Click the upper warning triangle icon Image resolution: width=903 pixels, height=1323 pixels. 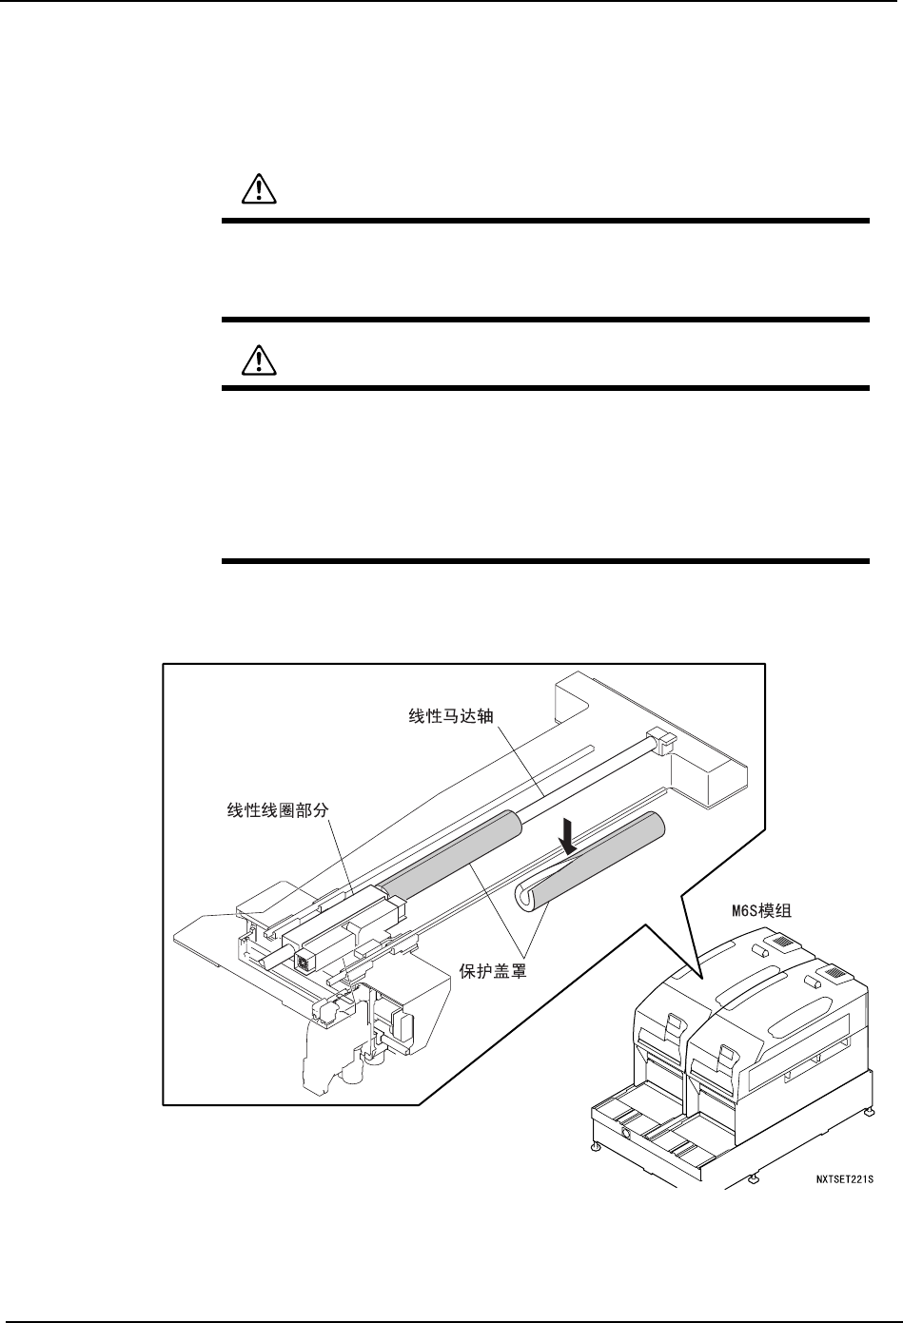point(257,191)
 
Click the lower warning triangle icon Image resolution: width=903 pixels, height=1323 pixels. point(257,359)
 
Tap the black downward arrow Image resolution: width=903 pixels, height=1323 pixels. point(568,836)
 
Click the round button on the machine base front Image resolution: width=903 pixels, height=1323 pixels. point(625,1134)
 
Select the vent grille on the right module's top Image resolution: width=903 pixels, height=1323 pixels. point(834,972)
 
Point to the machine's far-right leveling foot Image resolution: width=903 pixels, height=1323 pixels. point(871,1111)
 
